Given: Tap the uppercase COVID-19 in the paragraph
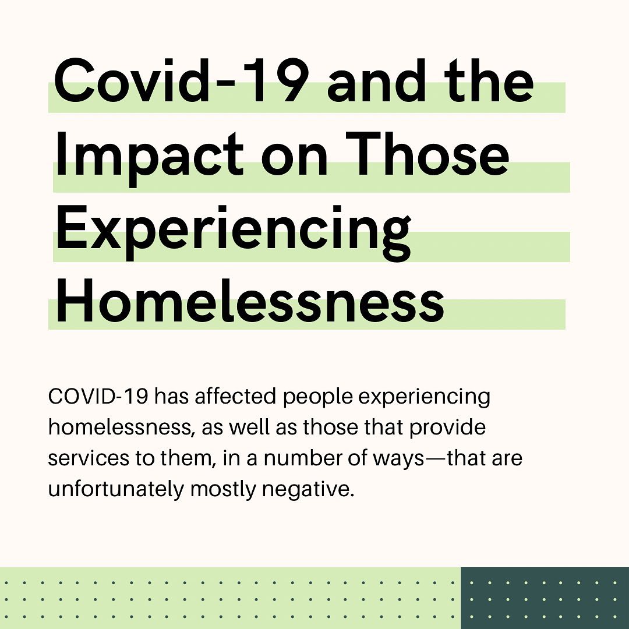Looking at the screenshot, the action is (x=98, y=396).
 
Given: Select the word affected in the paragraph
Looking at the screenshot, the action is (x=235, y=396).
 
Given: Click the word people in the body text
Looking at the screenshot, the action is (x=318, y=397).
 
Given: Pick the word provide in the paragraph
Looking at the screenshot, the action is (x=447, y=427).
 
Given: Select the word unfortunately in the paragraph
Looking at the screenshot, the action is (x=116, y=490).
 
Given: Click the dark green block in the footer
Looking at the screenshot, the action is (x=545, y=598).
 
